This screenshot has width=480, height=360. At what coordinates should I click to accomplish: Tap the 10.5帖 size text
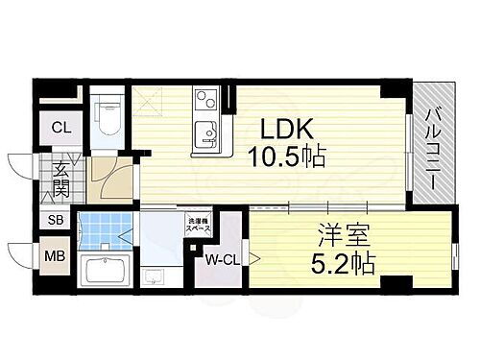285,157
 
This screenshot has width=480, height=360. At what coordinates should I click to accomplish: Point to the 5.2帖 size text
341,259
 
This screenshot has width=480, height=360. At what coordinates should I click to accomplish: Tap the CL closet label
60,125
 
